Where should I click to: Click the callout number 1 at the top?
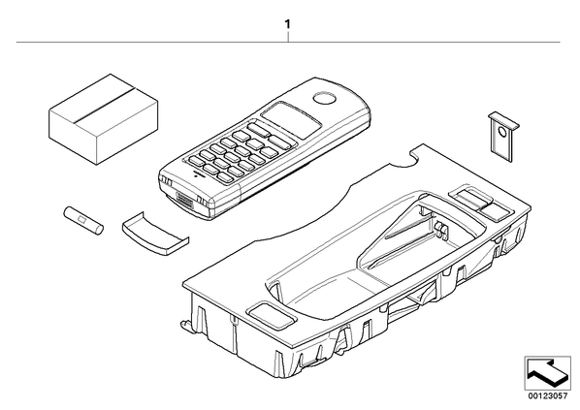pyautogui.click(x=287, y=25)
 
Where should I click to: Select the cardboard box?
pyautogui.click(x=104, y=119)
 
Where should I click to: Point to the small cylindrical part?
pyautogui.click(x=83, y=221)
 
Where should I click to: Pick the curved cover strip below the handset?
pyautogui.click(x=155, y=235)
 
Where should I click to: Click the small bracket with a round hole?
pyautogui.click(x=503, y=137)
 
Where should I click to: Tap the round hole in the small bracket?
pyautogui.click(x=502, y=131)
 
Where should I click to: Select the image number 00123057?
pyautogui.click(x=547, y=396)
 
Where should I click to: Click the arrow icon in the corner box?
pyautogui.click(x=547, y=372)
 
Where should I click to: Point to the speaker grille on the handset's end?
pyautogui.click(x=186, y=201)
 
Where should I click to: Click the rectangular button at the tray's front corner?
pyautogui.click(x=273, y=316)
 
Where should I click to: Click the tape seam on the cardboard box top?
pyautogui.click(x=103, y=105)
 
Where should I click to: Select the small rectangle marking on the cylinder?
pyautogui.click(x=82, y=220)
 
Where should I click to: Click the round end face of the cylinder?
pyautogui.click(x=99, y=230)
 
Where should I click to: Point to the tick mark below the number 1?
pyautogui.click(x=288, y=37)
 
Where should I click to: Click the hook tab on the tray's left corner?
pyautogui.click(x=185, y=325)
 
